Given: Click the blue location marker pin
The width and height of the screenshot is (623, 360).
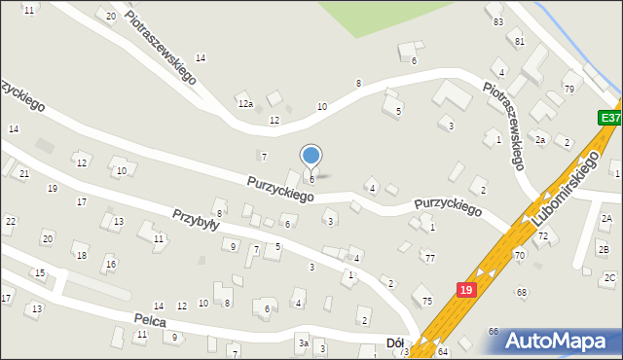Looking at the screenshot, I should pyautogui.click(x=311, y=156).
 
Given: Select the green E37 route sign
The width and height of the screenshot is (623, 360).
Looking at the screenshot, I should pyautogui.click(x=609, y=118).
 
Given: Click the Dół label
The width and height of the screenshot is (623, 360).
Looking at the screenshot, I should pyautogui.click(x=395, y=342).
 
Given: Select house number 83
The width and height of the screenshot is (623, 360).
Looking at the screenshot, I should pyautogui.click(x=498, y=21).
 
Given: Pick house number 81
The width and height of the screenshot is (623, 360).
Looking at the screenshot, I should pyautogui.click(x=520, y=42).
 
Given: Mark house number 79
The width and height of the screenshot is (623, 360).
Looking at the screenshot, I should pyautogui.click(x=568, y=90).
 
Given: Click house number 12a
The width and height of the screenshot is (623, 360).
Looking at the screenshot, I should pyautogui.click(x=245, y=103).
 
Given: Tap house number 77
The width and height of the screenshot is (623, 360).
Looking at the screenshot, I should pyautogui.click(x=429, y=258).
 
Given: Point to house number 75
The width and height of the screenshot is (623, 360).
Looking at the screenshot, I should pyautogui.click(x=426, y=302).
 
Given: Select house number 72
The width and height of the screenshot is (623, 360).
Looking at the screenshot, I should pyautogui.click(x=543, y=236).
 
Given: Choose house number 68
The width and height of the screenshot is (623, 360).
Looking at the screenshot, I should pyautogui.click(x=522, y=292).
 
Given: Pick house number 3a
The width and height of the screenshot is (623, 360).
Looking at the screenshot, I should pyautogui.click(x=303, y=343).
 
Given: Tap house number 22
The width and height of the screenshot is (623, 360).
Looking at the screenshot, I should pyautogui.click(x=10, y=222).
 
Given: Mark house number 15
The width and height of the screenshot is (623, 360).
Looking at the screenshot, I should pyautogui.click(x=40, y=273).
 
